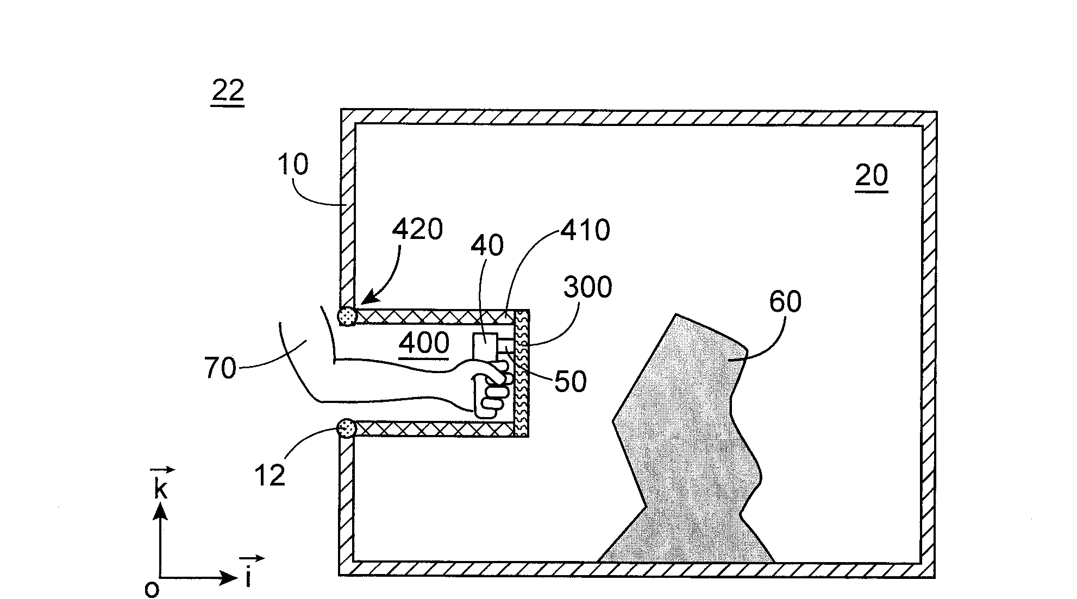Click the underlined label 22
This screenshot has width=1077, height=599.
(x=228, y=92)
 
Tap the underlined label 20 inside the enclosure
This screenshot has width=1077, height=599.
(x=871, y=176)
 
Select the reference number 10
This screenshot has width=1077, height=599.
(x=293, y=164)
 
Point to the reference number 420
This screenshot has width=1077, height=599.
(x=417, y=229)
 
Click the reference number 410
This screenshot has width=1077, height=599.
(x=585, y=230)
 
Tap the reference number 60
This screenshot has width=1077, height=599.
(x=785, y=301)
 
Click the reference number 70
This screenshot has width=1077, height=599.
(x=220, y=368)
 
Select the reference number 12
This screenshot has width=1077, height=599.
(x=270, y=476)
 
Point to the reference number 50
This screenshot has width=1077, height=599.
(x=571, y=382)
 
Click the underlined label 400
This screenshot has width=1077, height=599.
(x=424, y=344)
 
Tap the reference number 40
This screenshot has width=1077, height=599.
(x=487, y=245)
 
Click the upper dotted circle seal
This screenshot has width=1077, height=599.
(x=347, y=316)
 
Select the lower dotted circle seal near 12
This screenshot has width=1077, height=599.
(x=346, y=428)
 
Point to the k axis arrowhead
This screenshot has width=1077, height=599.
(x=160, y=510)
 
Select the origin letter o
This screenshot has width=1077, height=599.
(x=152, y=589)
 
